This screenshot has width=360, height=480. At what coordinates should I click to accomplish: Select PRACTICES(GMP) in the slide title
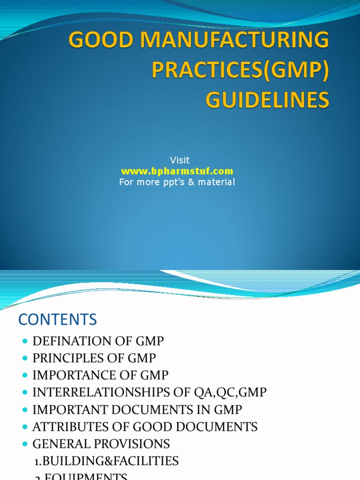(x=240, y=71)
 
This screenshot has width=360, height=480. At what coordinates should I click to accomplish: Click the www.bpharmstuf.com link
(x=177, y=171)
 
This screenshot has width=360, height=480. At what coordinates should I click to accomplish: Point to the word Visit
(x=180, y=160)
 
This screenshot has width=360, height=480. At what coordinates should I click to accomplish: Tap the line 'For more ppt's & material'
(x=177, y=182)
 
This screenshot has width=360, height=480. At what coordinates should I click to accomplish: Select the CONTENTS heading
(x=58, y=320)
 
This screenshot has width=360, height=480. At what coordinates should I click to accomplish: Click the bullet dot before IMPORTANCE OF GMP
(x=25, y=376)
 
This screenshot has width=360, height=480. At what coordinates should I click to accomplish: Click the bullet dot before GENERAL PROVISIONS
(x=25, y=444)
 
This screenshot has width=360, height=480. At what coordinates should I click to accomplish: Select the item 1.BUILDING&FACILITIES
(x=107, y=461)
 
